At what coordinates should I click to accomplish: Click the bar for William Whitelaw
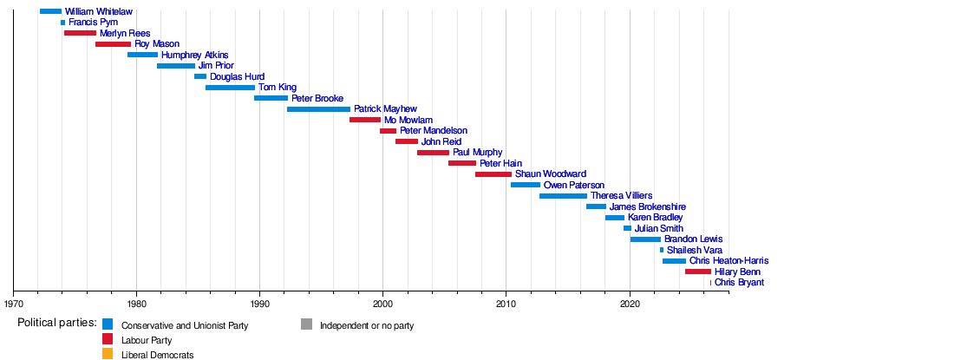pyautogui.click(x=50, y=11)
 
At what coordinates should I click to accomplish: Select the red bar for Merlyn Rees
pyautogui.click(x=80, y=33)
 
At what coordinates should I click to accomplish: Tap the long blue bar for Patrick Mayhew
pyautogui.click(x=319, y=109)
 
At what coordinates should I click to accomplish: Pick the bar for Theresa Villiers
pyautogui.click(x=564, y=196)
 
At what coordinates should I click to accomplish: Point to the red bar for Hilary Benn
pyautogui.click(x=698, y=272)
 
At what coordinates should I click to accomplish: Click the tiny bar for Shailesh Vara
pyautogui.click(x=662, y=250)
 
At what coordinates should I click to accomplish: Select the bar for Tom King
pyautogui.click(x=230, y=88)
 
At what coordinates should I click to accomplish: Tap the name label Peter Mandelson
pyautogui.click(x=434, y=131)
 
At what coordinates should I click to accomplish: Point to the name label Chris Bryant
pyautogui.click(x=739, y=283)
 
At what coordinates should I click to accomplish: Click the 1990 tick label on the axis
pyautogui.click(x=260, y=302)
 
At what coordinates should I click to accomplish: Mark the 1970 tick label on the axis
pyautogui.click(x=13, y=302)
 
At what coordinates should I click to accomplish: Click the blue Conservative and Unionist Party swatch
pyautogui.click(x=108, y=324)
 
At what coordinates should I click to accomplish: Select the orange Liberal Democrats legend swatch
pyautogui.click(x=108, y=353)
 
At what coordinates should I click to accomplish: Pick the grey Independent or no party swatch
pyautogui.click(x=306, y=324)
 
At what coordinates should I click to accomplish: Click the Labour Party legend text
pyautogui.click(x=147, y=341)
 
